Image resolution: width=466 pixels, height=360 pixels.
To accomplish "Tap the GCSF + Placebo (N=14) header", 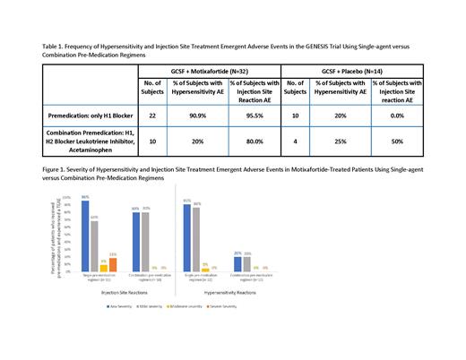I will pyautogui.click(x=368, y=67).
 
